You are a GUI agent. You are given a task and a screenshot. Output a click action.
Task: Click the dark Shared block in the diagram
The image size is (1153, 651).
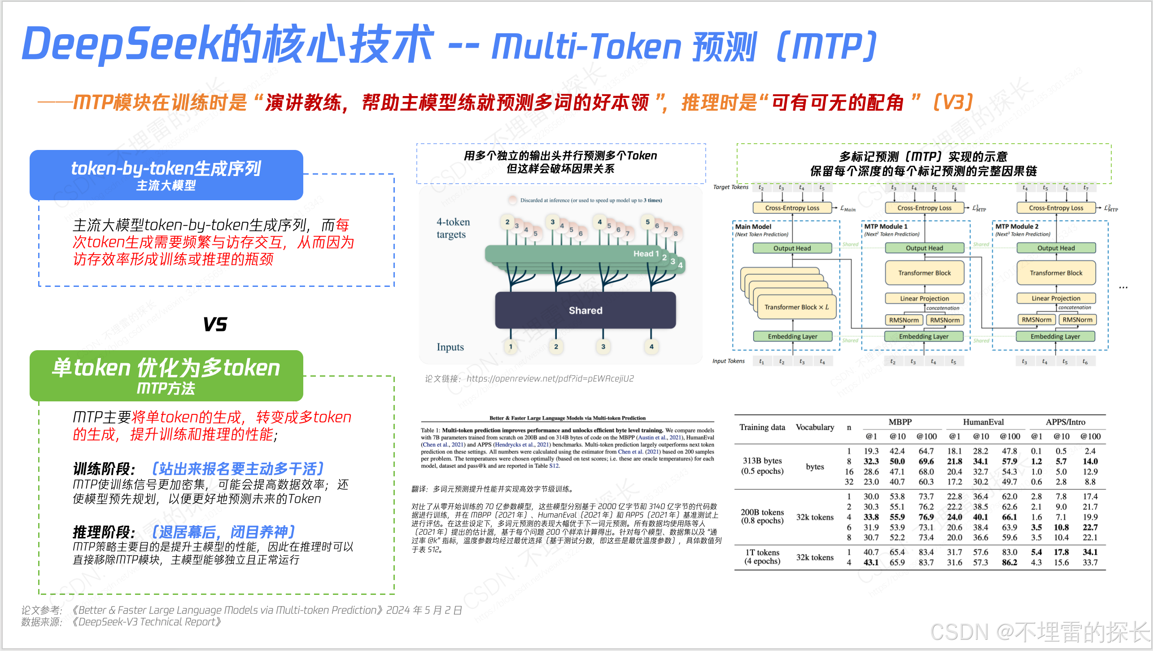coord(585,310)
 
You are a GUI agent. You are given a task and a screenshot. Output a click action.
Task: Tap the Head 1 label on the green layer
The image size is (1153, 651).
coord(646,254)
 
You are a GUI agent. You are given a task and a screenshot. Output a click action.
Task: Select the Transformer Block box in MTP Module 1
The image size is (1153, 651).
coord(924,273)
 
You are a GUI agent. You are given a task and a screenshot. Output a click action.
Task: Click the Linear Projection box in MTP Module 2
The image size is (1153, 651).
coord(1056,298)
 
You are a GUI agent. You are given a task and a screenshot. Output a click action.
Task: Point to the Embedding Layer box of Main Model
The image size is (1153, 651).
coord(792,336)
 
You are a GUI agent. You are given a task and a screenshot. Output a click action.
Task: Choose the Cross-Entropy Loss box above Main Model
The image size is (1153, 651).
coord(792,208)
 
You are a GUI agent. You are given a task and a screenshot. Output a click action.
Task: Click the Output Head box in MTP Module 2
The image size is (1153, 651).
coord(1056,248)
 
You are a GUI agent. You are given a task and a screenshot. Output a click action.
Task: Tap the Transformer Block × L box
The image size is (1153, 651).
coord(796,307)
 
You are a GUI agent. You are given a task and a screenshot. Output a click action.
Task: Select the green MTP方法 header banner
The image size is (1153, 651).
coord(166,375)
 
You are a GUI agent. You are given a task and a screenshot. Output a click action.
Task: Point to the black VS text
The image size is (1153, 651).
coord(215,324)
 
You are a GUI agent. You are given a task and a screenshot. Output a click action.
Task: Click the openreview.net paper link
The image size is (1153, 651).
coord(550,378)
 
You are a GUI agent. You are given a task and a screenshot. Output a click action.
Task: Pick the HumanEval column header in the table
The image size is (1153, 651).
coord(983,422)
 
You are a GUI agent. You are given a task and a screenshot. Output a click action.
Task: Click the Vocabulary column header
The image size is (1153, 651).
coord(815,427)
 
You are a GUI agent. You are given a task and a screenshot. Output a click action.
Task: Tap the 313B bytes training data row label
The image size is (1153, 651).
coord(762,466)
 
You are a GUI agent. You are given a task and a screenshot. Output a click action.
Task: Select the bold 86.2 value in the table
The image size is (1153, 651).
coord(1009,562)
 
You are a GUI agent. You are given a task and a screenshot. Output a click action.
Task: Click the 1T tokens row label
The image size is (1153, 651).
coord(762,557)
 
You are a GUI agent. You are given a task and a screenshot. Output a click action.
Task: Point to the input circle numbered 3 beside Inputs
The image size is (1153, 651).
coord(603,347)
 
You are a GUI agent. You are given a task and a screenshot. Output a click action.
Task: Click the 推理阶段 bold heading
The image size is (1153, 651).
coord(104,532)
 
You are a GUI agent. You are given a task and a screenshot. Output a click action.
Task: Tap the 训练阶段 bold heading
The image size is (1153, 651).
coord(104,469)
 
